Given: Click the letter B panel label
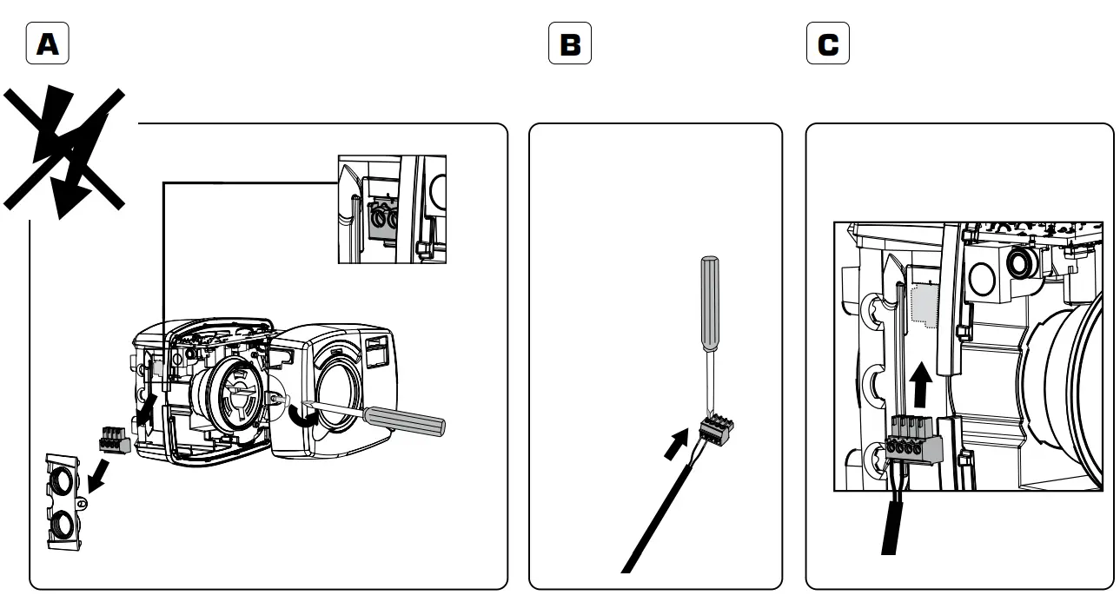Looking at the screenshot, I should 570,44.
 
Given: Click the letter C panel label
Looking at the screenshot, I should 828,44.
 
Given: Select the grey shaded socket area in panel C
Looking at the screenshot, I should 924,303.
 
